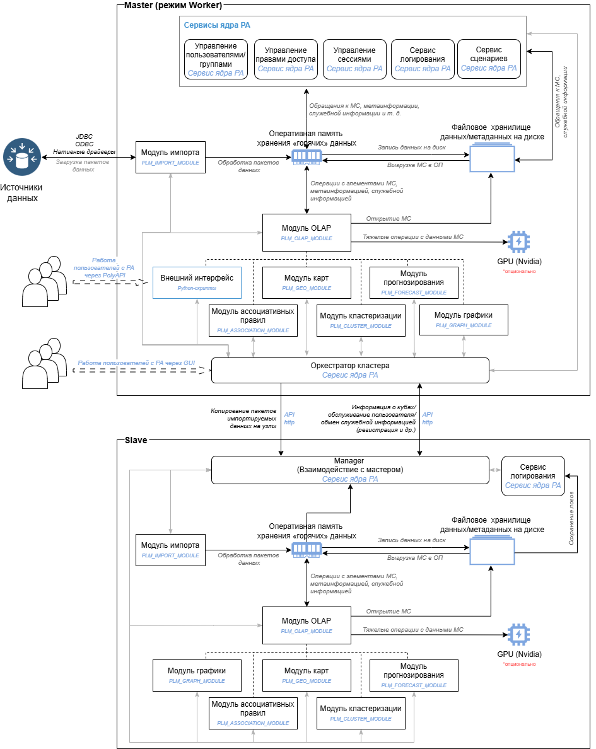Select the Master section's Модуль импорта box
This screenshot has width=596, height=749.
tap(170, 158)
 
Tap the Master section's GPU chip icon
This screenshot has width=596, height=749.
tap(518, 241)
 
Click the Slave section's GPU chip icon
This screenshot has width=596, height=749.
tap(518, 634)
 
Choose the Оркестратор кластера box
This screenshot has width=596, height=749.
tap(350, 370)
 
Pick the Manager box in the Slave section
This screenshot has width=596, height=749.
tap(350, 470)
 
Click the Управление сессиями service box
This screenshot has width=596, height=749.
tap(354, 59)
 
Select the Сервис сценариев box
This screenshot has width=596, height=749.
tap(489, 59)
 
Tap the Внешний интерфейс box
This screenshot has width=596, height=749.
tap(197, 282)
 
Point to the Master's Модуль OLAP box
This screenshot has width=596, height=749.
tap(307, 233)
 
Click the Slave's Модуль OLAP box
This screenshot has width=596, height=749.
tap(307, 625)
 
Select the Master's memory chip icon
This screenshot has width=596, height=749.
tap(307, 156)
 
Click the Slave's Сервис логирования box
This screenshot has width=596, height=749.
tap(533, 476)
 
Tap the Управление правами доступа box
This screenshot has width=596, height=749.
tap(285, 59)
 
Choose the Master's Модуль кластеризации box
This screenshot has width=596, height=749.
tap(360, 320)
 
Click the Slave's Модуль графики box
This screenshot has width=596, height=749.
tap(197, 675)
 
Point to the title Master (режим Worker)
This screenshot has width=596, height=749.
tap(173, 6)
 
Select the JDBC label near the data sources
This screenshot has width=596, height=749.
tap(84, 136)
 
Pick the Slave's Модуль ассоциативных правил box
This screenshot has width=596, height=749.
tap(253, 713)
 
